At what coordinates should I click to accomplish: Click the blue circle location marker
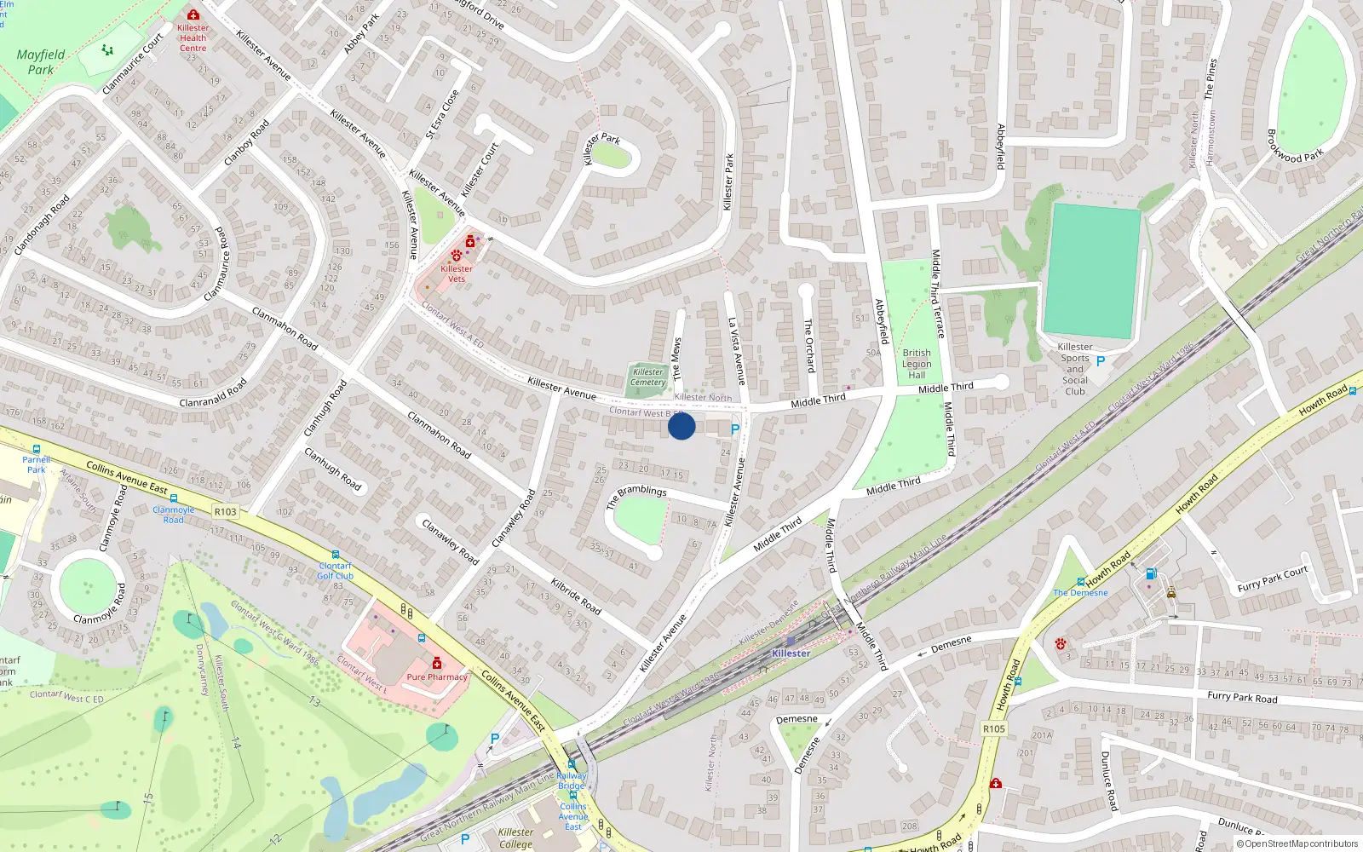coord(681,426)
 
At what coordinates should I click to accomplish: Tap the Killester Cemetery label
coord(648,377)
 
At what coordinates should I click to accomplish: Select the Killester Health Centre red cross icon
coord(193,14)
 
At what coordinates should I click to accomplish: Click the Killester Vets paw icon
coord(457,255)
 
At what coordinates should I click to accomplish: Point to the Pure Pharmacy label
coord(437,677)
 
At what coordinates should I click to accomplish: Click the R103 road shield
coord(226,512)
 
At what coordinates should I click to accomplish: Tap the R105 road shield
coord(994,729)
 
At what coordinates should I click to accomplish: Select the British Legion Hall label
coord(917,364)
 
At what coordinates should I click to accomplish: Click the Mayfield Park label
coord(41,62)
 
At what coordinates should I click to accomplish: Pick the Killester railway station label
coord(791,653)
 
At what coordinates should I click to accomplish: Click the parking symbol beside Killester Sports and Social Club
coord(1101,361)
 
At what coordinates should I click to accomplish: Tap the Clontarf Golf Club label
coord(335,571)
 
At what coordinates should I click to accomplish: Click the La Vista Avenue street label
coord(737,351)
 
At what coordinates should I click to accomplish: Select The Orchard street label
coord(809,345)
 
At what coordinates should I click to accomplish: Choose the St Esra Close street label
coord(442,114)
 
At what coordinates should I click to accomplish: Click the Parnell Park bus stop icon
coord(37,449)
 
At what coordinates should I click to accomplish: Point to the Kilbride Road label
coord(576,596)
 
